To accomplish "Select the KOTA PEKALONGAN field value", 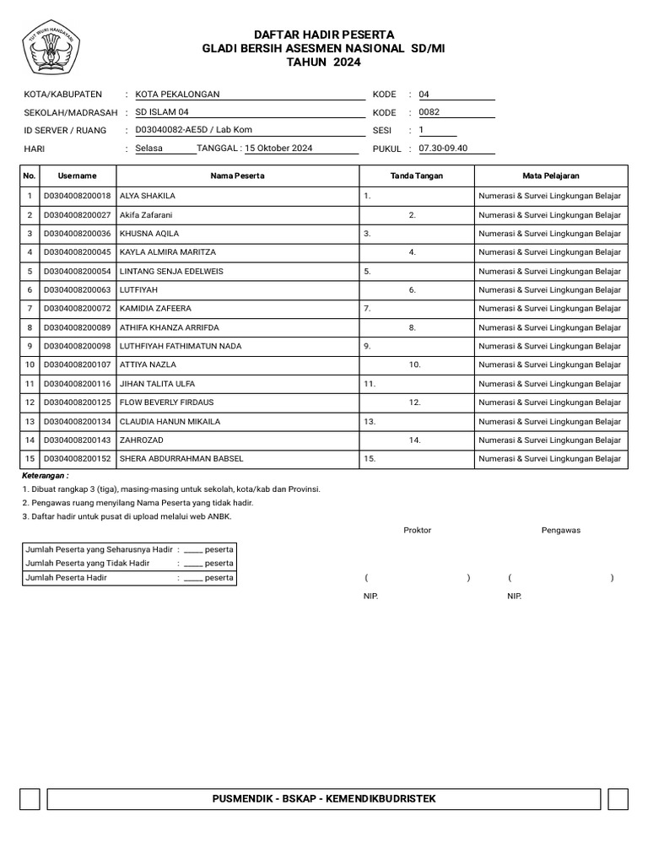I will pyautogui.click(x=177, y=94).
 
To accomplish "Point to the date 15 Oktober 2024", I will pyautogui.click(x=278, y=148).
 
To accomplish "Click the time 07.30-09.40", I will pyautogui.click(x=443, y=148).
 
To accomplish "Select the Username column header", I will pyautogui.click(x=77, y=175).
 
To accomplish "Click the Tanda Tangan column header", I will pyautogui.click(x=416, y=175).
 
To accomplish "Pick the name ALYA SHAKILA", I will pyautogui.click(x=148, y=196).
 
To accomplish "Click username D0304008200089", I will pyautogui.click(x=77, y=327).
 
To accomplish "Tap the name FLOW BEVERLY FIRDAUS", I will pyautogui.click(x=166, y=402).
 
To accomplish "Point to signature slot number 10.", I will pyautogui.click(x=414, y=365).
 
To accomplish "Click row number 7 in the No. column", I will pyautogui.click(x=30, y=309).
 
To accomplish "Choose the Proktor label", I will pyautogui.click(x=417, y=531).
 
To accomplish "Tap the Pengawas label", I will pyautogui.click(x=560, y=531).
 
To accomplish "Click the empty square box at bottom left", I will pyautogui.click(x=30, y=799).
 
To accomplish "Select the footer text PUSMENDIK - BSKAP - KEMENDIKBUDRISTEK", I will pyautogui.click(x=323, y=799).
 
